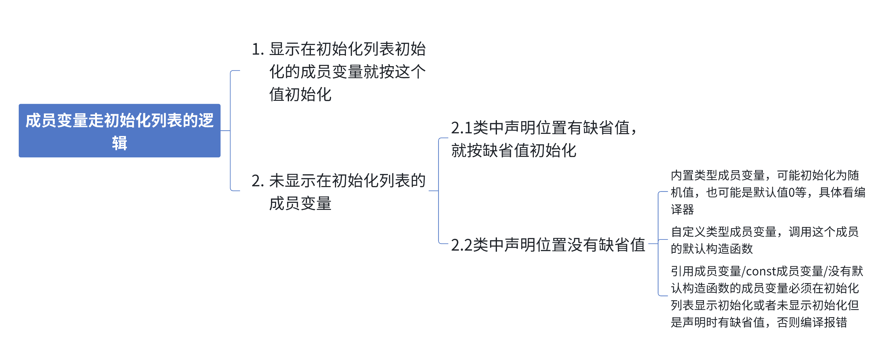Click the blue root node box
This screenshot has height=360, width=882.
tap(119, 130)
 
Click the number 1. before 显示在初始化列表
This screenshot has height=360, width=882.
tap(258, 49)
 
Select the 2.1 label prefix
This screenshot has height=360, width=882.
tap(461, 128)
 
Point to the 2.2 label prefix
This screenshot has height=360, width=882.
tap(461, 245)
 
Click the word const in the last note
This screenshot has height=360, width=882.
tap(761, 271)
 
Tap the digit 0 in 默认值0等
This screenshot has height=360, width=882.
tap(791, 192)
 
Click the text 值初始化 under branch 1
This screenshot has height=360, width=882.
tap(300, 94)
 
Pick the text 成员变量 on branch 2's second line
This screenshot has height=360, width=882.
tap(300, 204)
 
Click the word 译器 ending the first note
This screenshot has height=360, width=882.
tap(682, 210)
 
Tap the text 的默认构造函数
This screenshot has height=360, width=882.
tap(712, 249)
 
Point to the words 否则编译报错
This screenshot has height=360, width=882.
tap(812, 322)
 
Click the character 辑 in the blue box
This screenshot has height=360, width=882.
tap(120, 143)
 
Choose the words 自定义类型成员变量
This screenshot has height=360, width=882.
tap(723, 232)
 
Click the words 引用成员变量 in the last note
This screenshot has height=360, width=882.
tap(706, 271)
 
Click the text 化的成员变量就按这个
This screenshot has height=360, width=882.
tap(347, 72)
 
